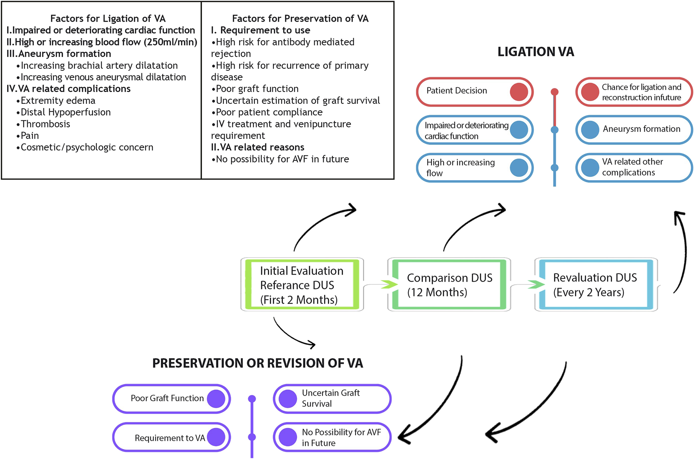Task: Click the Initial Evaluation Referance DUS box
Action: [x=302, y=285]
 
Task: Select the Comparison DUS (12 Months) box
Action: [x=449, y=285]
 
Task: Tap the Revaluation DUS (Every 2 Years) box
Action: [x=596, y=285]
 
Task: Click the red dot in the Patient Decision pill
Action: [x=519, y=91]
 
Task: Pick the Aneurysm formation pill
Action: [x=634, y=129]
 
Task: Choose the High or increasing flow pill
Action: [x=474, y=168]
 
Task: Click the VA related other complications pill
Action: [x=634, y=168]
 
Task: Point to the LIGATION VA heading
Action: [x=535, y=52]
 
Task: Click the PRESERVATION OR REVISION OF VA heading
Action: [x=257, y=363]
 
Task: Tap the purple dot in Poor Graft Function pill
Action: [x=216, y=398]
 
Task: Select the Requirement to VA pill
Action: [x=171, y=437]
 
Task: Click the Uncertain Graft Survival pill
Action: [x=332, y=398]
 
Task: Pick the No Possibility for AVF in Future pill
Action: [x=332, y=437]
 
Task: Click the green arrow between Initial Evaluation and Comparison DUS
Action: [x=389, y=284]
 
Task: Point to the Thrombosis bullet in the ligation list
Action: [x=45, y=124]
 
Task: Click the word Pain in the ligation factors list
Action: [x=30, y=136]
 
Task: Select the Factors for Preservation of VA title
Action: [x=300, y=18]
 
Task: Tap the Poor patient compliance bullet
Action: [x=269, y=112]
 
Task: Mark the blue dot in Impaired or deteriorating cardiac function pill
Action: [x=519, y=130]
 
